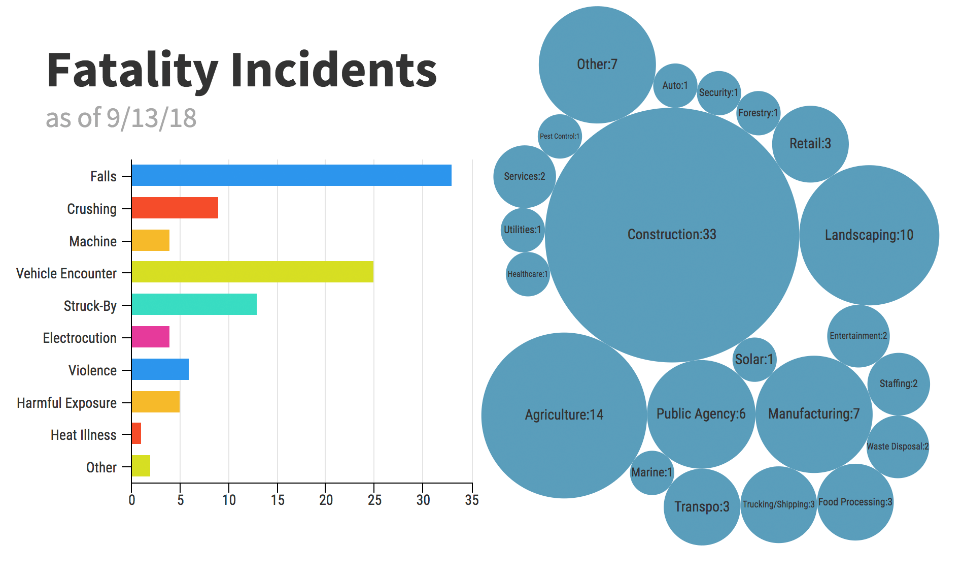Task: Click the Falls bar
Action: [291, 175]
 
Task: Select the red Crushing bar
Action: [175, 208]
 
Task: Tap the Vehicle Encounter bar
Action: [252, 272]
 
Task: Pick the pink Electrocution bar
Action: [150, 337]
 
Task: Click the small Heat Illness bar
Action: [136, 433]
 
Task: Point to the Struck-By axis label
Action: [90, 306]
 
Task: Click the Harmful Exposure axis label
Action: [66, 403]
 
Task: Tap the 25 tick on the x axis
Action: [374, 500]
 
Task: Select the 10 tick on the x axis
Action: [229, 500]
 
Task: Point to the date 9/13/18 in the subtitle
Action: [151, 118]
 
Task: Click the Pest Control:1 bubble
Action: [560, 136]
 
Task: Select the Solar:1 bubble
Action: [754, 360]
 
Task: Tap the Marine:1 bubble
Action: [651, 472]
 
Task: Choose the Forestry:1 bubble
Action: [758, 113]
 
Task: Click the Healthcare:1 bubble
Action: [528, 274]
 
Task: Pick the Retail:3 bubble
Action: [810, 144]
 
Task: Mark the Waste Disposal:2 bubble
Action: [898, 446]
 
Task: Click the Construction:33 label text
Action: [672, 234]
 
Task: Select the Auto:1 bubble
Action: [675, 85]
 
